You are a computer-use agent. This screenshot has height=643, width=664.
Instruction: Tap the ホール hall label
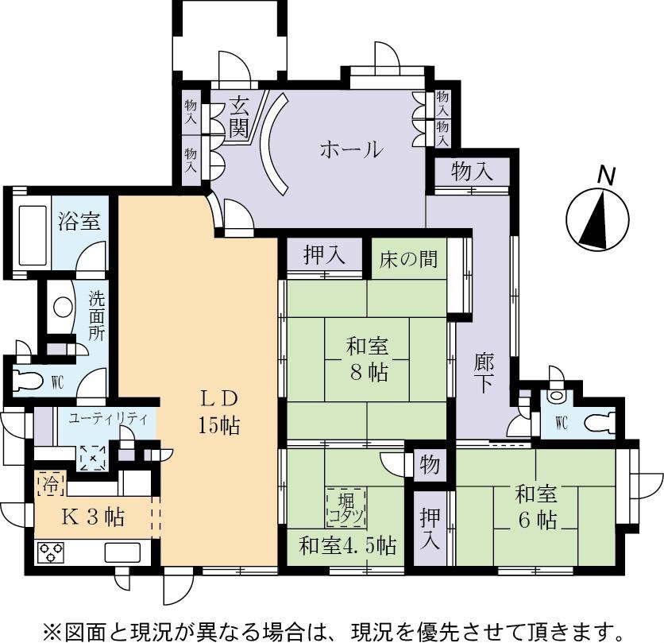[x=352, y=150]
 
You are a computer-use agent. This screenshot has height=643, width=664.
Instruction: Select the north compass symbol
[x=597, y=213]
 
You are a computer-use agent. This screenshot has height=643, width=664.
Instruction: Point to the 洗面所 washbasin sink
[x=63, y=308]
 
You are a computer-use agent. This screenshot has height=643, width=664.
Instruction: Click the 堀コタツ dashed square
[x=346, y=507]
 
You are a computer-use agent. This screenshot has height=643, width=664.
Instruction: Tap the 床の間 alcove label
[x=408, y=259]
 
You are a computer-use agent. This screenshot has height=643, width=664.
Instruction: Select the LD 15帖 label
[x=219, y=413]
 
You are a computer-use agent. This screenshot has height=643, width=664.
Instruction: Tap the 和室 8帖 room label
[x=367, y=359]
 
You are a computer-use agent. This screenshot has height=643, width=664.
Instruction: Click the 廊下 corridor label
[x=484, y=373]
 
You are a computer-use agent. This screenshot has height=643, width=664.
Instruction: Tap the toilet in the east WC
[x=600, y=423]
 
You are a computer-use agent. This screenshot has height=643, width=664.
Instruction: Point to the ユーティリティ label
[x=108, y=419]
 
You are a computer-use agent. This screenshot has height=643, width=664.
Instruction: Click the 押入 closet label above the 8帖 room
[x=324, y=256]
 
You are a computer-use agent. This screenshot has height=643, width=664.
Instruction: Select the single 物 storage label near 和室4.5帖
[x=430, y=465]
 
